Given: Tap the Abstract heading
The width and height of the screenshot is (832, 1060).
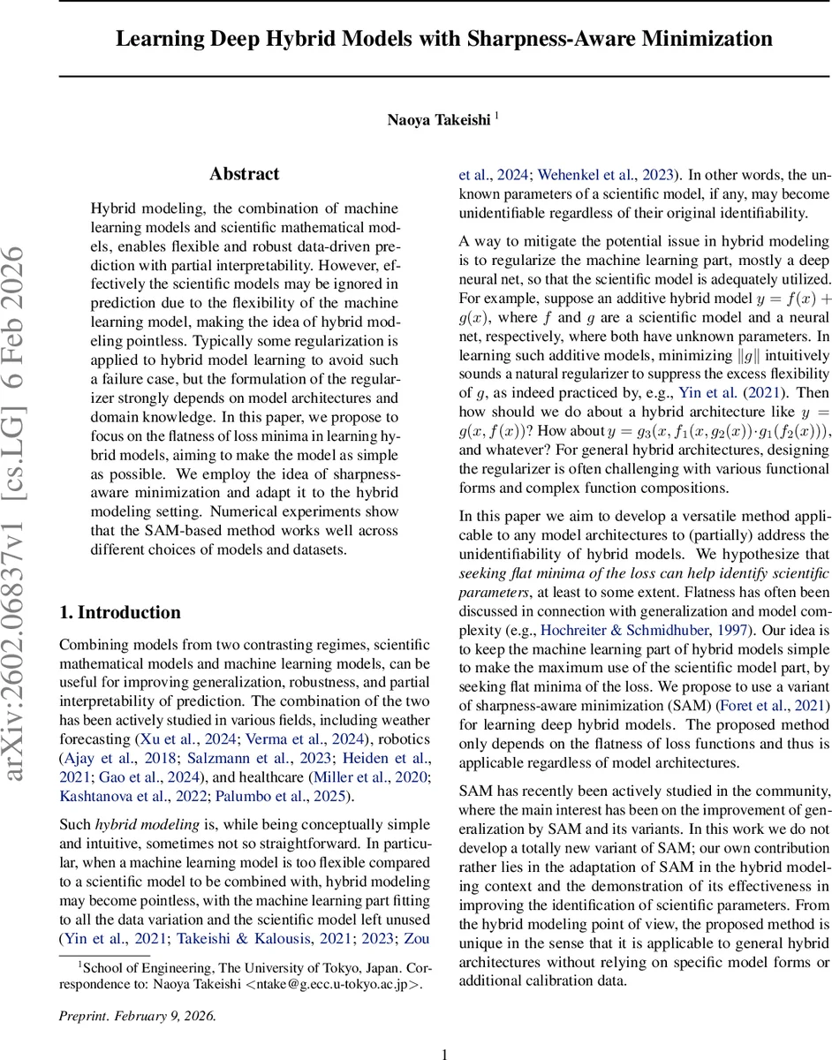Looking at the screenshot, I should (245, 174).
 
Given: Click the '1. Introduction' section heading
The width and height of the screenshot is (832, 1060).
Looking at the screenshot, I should (119, 612).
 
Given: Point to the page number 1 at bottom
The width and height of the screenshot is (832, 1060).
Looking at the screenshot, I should (445, 1053).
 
